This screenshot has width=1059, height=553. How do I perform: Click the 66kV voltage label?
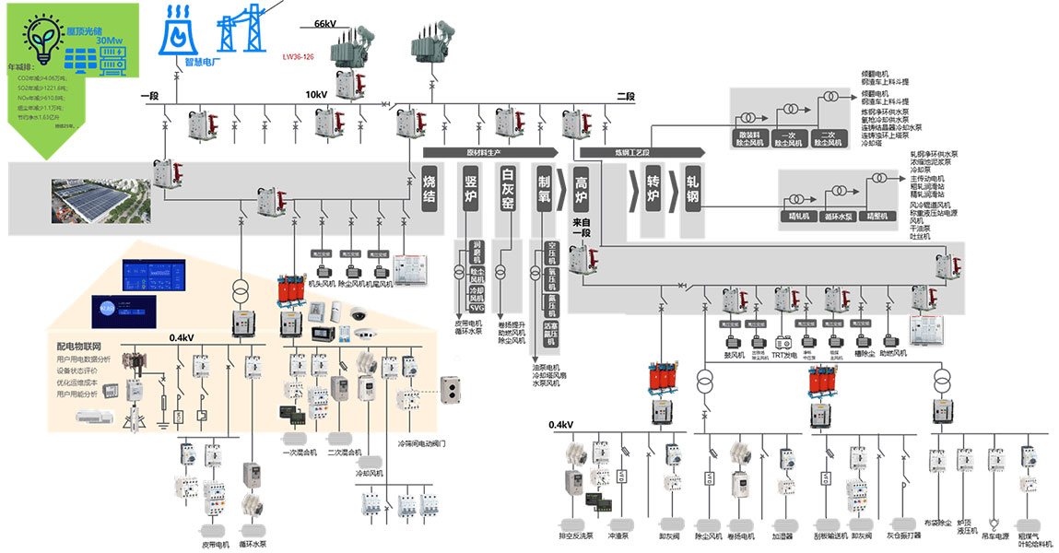327,24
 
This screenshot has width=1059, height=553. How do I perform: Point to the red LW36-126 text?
298,56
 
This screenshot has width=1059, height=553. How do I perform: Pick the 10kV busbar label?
316,95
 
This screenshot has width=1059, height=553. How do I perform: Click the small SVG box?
477,309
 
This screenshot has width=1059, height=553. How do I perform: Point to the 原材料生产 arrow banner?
489,151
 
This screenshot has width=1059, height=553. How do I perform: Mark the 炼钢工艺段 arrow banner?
636,152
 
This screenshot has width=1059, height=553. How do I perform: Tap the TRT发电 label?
784,353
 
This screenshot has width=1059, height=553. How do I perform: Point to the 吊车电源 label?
994,535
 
